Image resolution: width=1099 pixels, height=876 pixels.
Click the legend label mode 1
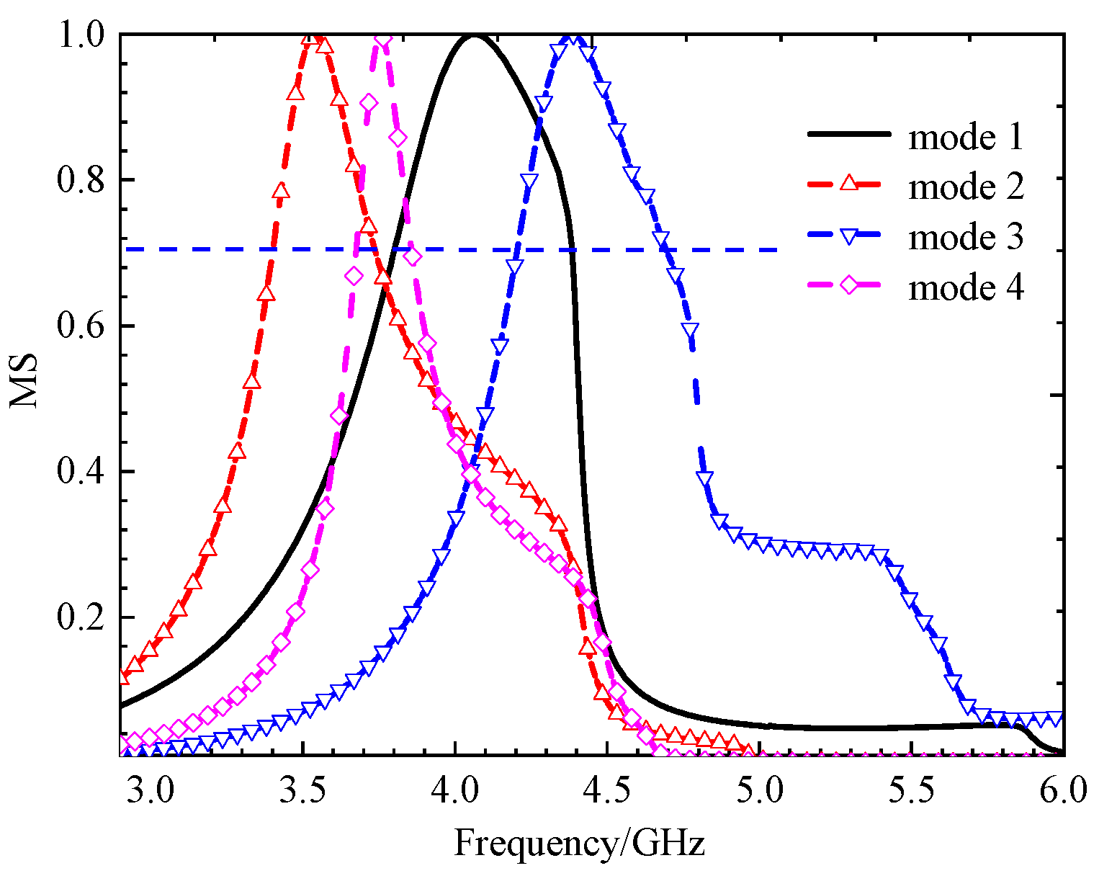tap(965, 137)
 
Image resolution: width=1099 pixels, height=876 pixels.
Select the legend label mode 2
tap(965, 187)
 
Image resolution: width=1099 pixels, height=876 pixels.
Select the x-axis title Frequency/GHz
tap(580, 842)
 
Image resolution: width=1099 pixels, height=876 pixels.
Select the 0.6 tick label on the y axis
tap(79, 326)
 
